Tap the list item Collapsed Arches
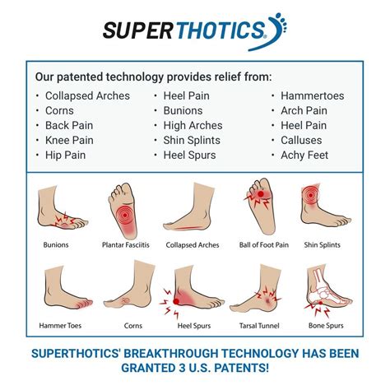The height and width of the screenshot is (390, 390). tap(87, 95)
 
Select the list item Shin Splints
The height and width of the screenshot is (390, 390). tap(192, 140)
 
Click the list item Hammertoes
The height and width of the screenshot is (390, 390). tap(312, 95)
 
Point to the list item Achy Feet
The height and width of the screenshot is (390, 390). tap(304, 155)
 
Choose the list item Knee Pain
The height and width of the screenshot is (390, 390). tap(69, 140)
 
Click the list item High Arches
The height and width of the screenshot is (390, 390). tap(193, 125)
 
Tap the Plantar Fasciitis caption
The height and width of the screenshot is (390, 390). tap(126, 244)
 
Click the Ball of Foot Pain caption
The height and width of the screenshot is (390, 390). tap(264, 244)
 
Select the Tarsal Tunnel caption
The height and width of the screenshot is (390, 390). tap(259, 326)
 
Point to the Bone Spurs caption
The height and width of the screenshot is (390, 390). tap(326, 326)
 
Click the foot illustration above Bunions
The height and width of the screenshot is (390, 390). tap(63, 207)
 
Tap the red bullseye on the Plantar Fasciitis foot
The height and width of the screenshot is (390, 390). tap(125, 216)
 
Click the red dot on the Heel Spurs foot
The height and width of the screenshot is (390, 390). tap(176, 302)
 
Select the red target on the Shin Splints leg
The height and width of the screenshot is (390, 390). tap(310, 195)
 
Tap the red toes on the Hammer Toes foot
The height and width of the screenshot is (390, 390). tap(85, 304)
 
